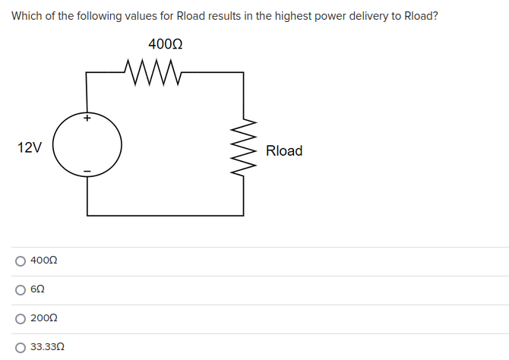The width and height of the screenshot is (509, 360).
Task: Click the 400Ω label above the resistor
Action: click(x=165, y=45)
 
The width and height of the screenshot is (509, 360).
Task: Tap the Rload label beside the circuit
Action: click(x=284, y=151)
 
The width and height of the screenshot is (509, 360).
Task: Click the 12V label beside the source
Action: click(x=30, y=147)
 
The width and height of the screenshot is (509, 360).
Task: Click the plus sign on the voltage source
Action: click(x=87, y=118)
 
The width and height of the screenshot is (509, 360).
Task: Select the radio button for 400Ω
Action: click(x=20, y=261)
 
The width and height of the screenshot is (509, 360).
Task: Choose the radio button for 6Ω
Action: click(x=20, y=290)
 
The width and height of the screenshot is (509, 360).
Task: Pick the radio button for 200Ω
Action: click(x=20, y=319)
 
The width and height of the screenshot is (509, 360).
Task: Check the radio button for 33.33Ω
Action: click(x=20, y=347)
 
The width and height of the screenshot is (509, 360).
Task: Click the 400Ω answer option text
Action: click(x=44, y=261)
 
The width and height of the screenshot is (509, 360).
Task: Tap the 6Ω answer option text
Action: click(x=38, y=290)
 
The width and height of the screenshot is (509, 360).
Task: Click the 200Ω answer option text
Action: click(x=44, y=319)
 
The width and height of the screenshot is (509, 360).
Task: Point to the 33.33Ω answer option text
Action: click(x=47, y=347)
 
